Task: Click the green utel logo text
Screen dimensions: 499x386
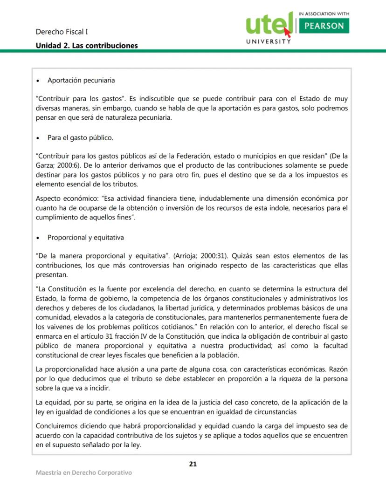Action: click(268, 24)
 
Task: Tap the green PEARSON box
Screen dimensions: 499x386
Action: click(324, 26)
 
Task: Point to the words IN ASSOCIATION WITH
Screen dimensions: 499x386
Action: click(324, 14)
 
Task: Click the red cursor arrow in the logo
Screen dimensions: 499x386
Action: click(287, 32)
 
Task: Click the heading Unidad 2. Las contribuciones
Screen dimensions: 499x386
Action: click(87, 46)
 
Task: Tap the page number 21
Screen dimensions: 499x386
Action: click(193, 464)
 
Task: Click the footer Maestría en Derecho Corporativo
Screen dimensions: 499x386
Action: click(84, 472)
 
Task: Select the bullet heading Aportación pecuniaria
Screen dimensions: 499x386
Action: click(81, 80)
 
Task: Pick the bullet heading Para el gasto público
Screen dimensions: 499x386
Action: click(80, 138)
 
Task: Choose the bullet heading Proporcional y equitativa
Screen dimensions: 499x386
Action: click(86, 237)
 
